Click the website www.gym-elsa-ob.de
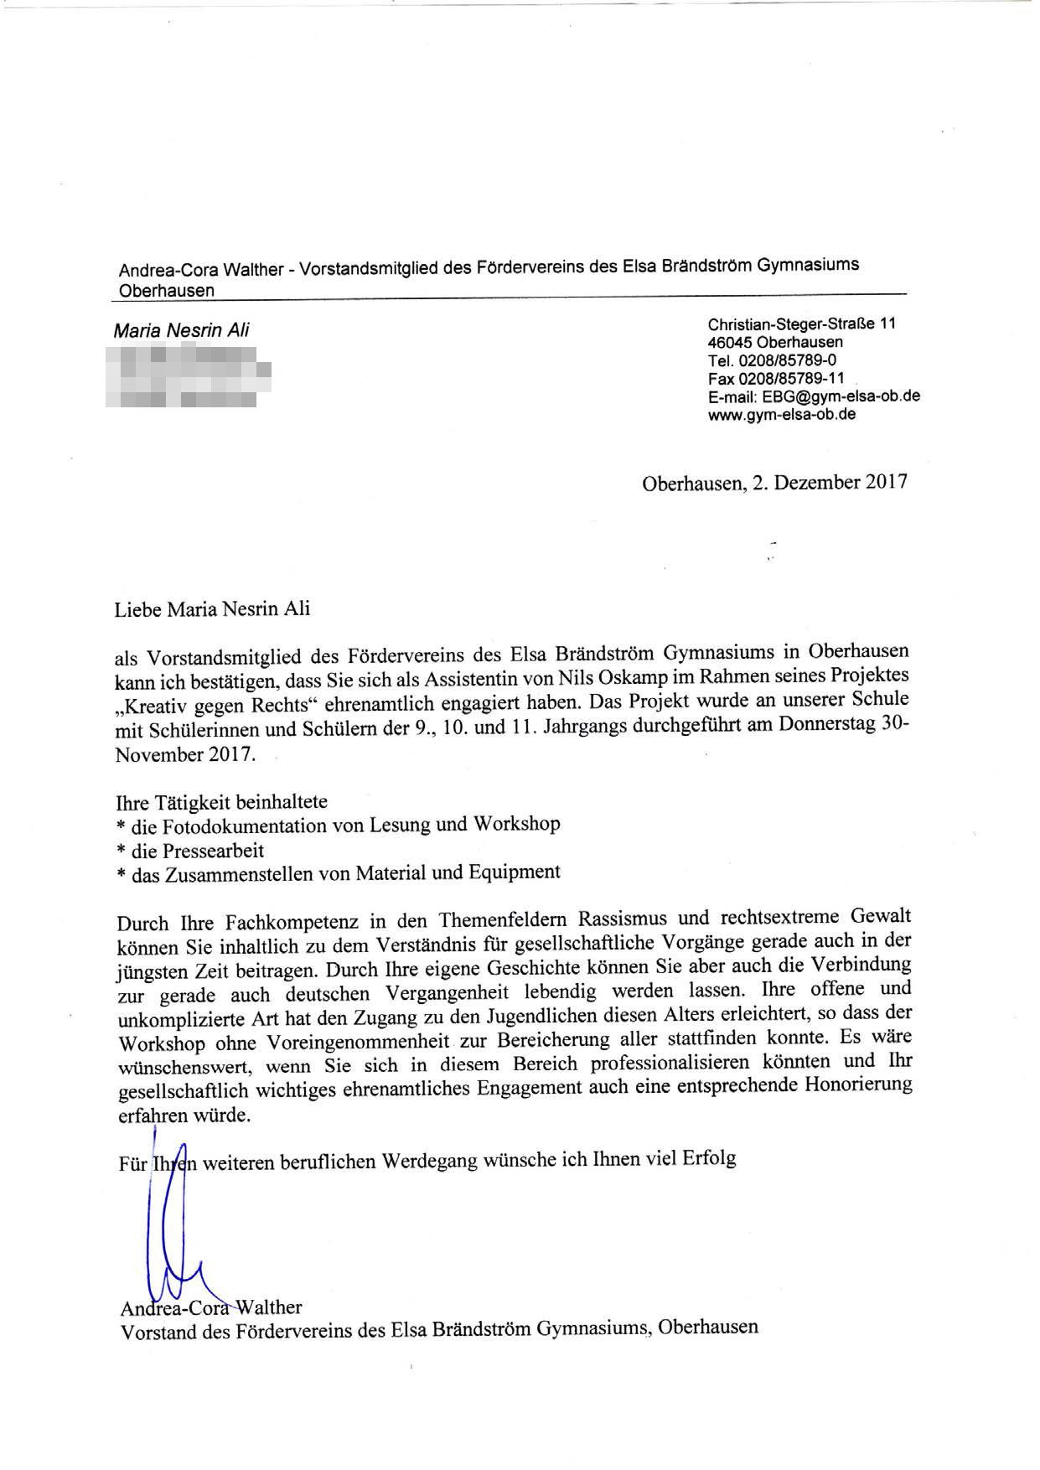pos(782,415)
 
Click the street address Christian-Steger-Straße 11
pos(801,324)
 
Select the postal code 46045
pos(729,342)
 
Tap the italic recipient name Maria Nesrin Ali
pos(181,330)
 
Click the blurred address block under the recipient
pos(189,378)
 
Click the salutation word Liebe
pos(138,609)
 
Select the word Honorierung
pos(857,1086)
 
